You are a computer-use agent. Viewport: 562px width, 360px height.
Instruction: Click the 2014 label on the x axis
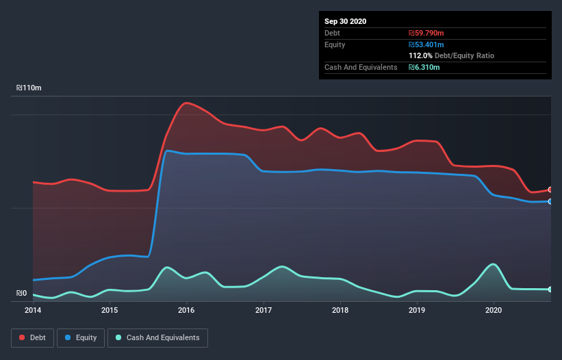pyautogui.click(x=33, y=310)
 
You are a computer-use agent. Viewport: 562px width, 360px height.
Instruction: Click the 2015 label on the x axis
pyautogui.click(x=110, y=310)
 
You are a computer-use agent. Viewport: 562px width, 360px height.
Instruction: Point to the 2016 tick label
pyautogui.click(x=186, y=310)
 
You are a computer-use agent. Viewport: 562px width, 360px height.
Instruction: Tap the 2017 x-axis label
pyautogui.click(x=264, y=310)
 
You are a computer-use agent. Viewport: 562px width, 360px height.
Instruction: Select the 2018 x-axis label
pyautogui.click(x=340, y=310)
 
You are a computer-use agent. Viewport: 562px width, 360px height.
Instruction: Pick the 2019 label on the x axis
pyautogui.click(x=417, y=310)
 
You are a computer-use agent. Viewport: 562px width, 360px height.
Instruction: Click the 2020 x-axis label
pyautogui.click(x=494, y=310)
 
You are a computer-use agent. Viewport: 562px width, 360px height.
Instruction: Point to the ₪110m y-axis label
pyautogui.click(x=29, y=88)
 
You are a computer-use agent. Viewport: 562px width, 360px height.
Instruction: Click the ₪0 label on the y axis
pyautogui.click(x=22, y=294)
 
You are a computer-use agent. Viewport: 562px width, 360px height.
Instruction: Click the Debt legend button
pyautogui.click(x=31, y=337)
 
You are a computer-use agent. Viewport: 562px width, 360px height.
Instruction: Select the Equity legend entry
pyautogui.click(x=81, y=337)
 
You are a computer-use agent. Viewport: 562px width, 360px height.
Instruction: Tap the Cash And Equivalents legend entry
pyautogui.click(x=157, y=337)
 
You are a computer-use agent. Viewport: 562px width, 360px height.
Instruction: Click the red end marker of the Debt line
pyautogui.click(x=550, y=190)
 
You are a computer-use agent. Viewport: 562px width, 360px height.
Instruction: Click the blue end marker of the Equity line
pyautogui.click(x=550, y=201)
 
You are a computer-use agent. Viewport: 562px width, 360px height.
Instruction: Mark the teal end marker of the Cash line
pyautogui.click(x=550, y=290)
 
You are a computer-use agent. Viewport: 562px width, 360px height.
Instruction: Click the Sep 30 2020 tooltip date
pyautogui.click(x=345, y=21)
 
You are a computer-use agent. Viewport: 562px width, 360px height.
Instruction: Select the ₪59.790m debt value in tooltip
pyautogui.click(x=428, y=33)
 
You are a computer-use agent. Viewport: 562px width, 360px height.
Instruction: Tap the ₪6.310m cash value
pyautogui.click(x=424, y=67)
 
